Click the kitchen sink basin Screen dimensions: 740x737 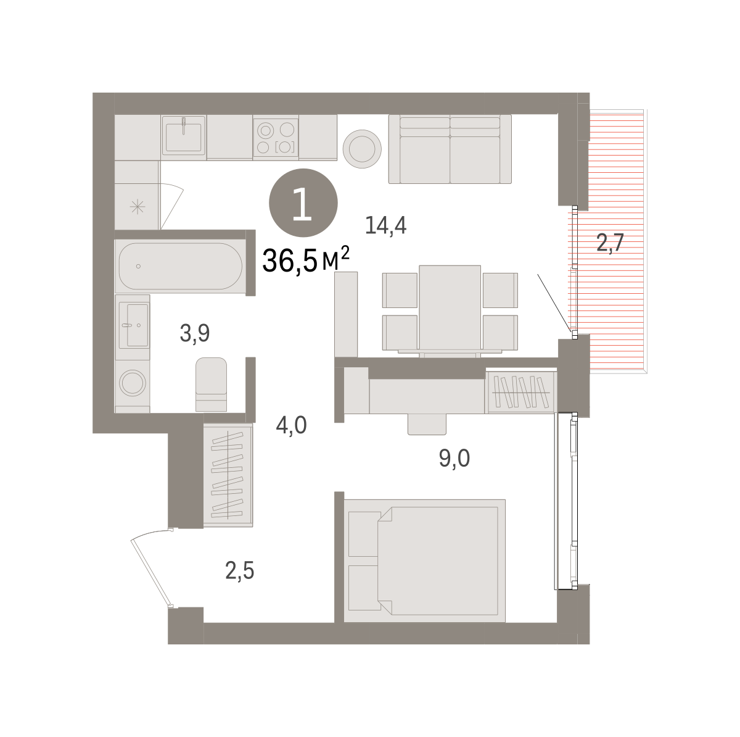(183, 137)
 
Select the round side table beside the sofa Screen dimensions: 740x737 (362, 149)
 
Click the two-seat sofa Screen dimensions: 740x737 (450, 149)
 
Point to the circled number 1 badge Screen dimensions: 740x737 (303, 202)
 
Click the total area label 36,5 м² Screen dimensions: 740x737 (306, 259)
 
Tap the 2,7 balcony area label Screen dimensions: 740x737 (610, 243)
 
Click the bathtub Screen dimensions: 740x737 (180, 266)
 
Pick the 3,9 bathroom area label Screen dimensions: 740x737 (195, 333)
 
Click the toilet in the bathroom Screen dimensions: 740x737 (211, 385)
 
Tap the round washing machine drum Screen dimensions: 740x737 (133, 383)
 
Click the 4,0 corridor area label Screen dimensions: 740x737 (291, 425)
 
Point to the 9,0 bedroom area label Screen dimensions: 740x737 (454, 458)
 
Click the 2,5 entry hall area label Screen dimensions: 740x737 (240, 570)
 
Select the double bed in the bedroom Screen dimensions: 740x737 (424, 561)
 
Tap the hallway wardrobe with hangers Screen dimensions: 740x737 (228, 475)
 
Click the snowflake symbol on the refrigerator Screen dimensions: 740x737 (137, 207)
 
